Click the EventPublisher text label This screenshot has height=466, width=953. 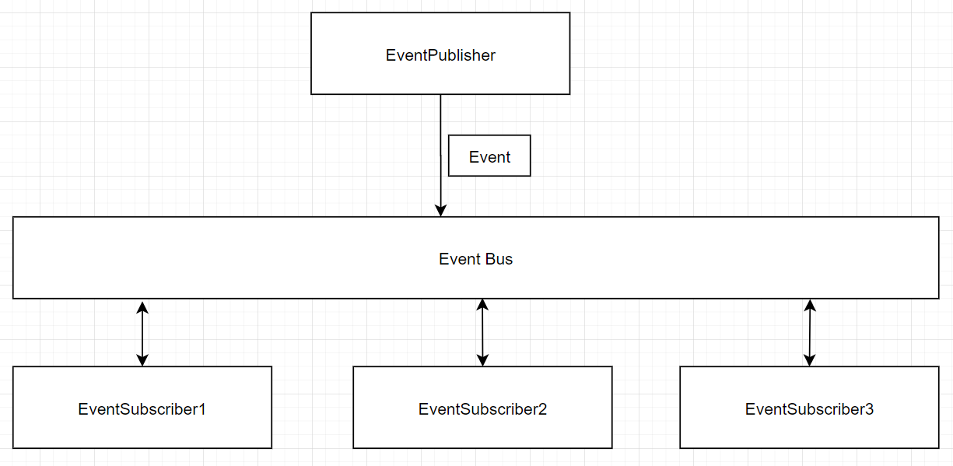440,55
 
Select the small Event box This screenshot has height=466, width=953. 489,156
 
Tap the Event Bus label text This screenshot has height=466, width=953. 475,259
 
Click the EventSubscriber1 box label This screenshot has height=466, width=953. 142,409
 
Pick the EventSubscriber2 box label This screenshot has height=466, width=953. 482,409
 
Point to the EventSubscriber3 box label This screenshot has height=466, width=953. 809,409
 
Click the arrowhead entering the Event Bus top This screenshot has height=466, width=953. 441,210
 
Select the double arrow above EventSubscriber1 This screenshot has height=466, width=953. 142,334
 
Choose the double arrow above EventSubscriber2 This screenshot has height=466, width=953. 482,332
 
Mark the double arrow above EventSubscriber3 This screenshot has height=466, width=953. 810,333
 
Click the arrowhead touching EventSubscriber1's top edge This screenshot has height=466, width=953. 142,360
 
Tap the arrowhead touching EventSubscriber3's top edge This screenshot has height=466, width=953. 809,360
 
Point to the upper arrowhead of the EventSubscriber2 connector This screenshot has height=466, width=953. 482,305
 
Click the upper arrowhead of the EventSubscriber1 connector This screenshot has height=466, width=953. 142,308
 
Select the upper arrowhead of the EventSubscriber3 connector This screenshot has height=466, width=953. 810,306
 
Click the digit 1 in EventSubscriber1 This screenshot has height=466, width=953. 202,409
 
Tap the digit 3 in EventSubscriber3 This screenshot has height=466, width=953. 869,409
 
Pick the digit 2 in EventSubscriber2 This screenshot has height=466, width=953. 542,409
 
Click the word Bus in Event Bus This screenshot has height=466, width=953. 499,259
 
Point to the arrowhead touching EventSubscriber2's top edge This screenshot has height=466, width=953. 482,360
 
